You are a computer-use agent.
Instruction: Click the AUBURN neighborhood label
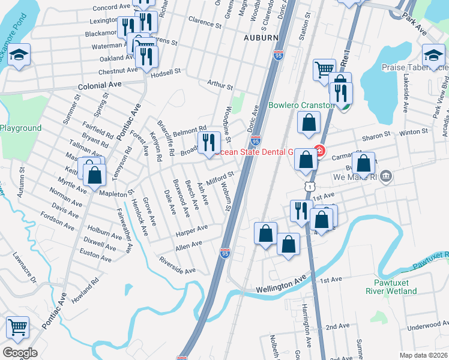[x=261, y=37]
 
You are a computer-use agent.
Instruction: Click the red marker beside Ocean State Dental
[x=319, y=151]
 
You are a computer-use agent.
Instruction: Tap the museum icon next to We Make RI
[x=386, y=176]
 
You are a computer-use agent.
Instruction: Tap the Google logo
[x=20, y=353]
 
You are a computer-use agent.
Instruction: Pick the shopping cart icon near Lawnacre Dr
[x=18, y=328]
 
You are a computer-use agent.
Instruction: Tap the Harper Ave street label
[x=191, y=230]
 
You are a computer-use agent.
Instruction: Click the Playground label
[x=20, y=128]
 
